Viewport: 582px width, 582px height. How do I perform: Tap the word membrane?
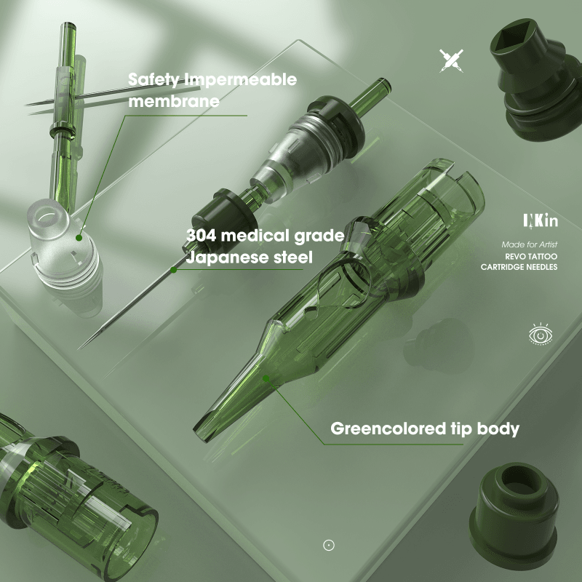[174, 101]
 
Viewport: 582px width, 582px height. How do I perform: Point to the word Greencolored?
[388, 428]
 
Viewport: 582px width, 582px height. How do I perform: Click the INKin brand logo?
[541, 220]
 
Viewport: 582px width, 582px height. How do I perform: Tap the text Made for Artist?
[530, 244]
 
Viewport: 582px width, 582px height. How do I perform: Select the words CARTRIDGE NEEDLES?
[519, 267]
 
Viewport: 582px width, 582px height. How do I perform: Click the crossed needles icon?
[451, 60]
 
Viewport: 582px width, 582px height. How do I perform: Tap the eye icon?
[541, 334]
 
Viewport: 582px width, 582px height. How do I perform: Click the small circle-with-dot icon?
[329, 545]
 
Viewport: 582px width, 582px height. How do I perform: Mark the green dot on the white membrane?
[79, 238]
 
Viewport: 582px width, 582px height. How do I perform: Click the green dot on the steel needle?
[173, 270]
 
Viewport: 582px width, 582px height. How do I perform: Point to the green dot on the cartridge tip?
[266, 378]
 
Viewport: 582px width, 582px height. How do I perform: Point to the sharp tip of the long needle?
[79, 348]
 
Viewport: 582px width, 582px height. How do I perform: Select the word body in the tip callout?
[498, 428]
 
